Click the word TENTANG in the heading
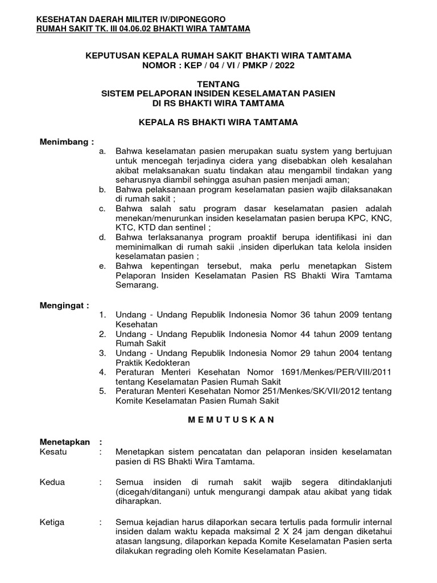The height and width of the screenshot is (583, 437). (218, 84)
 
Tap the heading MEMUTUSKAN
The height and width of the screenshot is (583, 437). (218, 420)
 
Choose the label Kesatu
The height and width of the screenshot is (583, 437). (53, 451)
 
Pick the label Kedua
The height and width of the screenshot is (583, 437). (53, 482)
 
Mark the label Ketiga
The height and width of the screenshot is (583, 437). (52, 522)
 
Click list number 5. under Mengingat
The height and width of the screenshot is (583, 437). (102, 391)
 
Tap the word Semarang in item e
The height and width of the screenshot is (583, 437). (135, 286)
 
